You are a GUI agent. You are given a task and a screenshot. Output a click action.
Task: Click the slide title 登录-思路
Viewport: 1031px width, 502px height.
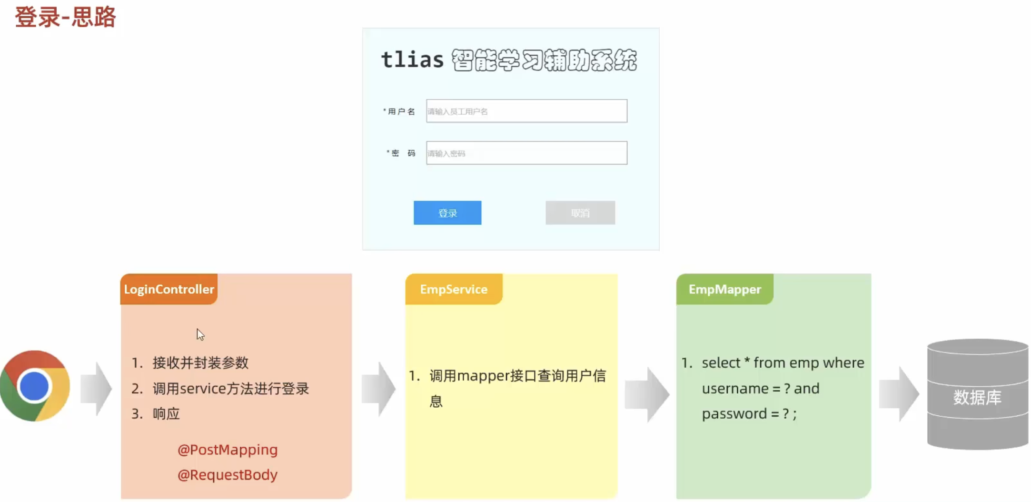[x=65, y=17]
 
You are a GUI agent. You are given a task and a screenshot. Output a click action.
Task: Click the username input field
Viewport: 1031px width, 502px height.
[x=526, y=111]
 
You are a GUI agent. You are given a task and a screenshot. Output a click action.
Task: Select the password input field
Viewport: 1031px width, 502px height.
[x=526, y=153]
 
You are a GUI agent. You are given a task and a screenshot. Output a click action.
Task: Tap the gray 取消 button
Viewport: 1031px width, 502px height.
[x=580, y=213]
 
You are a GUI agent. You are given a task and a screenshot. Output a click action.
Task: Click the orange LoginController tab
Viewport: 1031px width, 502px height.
[x=169, y=289]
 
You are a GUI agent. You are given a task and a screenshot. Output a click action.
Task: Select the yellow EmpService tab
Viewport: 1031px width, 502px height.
[x=454, y=289]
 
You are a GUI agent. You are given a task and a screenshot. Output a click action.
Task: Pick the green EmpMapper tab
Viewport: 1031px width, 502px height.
[x=724, y=289]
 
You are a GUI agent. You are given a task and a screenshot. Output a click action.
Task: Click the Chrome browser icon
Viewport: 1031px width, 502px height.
[x=35, y=386]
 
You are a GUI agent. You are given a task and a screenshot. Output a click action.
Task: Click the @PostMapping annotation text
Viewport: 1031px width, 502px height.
[x=228, y=450]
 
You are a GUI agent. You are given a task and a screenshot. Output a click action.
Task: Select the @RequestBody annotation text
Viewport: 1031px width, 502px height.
[x=228, y=475]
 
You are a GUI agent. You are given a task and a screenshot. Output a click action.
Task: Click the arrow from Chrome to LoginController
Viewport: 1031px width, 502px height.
[x=96, y=389]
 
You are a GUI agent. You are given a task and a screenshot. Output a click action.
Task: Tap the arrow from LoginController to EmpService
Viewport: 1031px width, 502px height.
[x=378, y=389]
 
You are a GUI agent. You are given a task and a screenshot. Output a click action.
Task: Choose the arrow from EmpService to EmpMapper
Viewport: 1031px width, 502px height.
[x=647, y=394]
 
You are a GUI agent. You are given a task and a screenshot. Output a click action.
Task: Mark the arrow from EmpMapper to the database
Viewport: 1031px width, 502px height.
[x=899, y=394]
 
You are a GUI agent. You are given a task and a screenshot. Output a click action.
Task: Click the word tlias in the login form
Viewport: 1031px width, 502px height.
[x=412, y=60]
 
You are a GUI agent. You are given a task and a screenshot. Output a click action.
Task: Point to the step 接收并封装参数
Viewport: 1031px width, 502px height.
[x=200, y=363]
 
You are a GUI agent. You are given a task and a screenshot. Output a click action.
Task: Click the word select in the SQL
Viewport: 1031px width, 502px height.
[x=721, y=363]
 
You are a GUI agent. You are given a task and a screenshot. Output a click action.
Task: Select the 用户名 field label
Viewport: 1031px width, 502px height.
[x=401, y=111]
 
